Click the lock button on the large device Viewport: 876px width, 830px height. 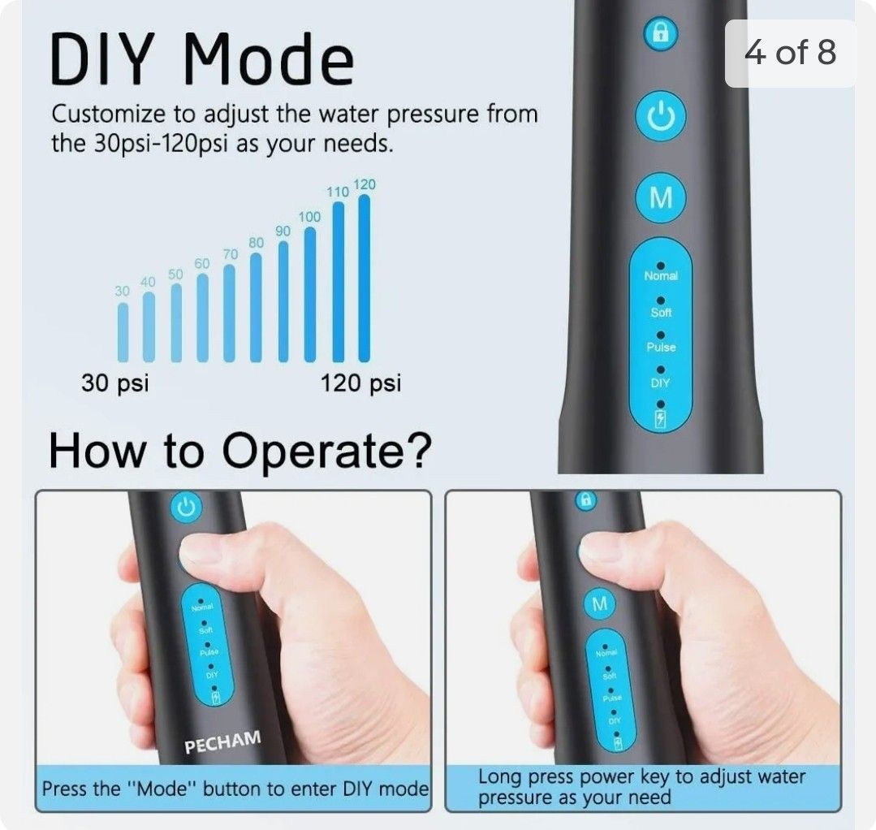(661, 34)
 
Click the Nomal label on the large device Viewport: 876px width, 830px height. (661, 276)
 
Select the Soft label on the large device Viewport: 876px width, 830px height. (661, 313)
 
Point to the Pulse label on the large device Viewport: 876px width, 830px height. (661, 348)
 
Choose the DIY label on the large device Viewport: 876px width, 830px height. (661, 383)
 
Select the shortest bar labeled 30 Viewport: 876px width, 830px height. (123, 332)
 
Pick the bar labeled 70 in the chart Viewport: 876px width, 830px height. (230, 313)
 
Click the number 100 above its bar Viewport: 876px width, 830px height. (309, 217)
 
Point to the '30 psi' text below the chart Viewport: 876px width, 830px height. (114, 383)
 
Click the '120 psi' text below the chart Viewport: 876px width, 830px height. (360, 383)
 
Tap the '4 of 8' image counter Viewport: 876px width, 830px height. (790, 54)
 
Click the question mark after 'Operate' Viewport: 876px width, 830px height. (416, 452)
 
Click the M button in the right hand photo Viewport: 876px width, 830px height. (600, 604)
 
